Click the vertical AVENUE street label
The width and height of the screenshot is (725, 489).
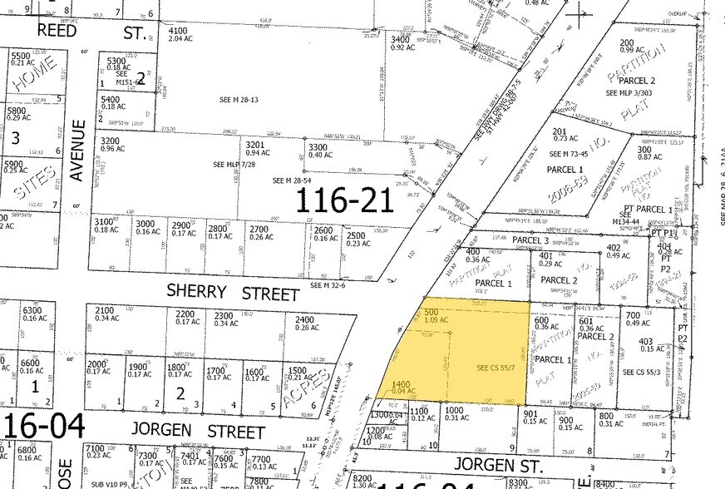click(x=78, y=151)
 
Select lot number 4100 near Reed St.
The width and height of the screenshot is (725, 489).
click(x=179, y=31)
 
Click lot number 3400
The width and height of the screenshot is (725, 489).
click(x=401, y=39)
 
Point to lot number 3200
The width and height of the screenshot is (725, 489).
click(x=111, y=142)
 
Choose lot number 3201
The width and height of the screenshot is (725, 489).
click(x=255, y=143)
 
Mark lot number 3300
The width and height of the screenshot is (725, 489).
click(x=319, y=146)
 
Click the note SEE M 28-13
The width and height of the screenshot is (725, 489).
click(x=237, y=99)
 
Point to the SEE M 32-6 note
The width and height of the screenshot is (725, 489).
click(x=328, y=286)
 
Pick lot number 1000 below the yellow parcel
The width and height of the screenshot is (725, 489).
click(x=452, y=408)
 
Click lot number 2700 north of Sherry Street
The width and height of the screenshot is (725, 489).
click(x=259, y=228)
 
